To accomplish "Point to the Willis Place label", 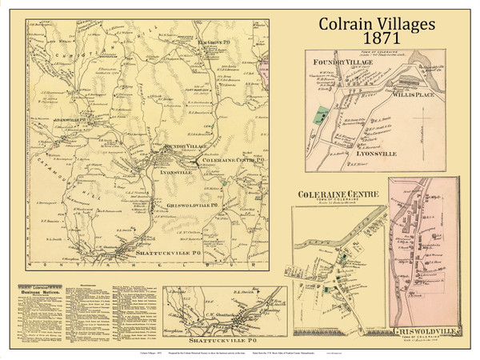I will click(x=414, y=93).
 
